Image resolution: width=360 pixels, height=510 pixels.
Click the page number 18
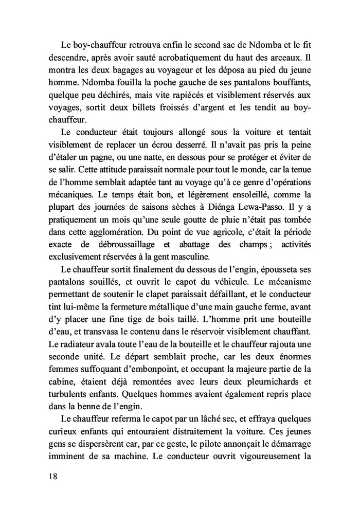tap(53, 476)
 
